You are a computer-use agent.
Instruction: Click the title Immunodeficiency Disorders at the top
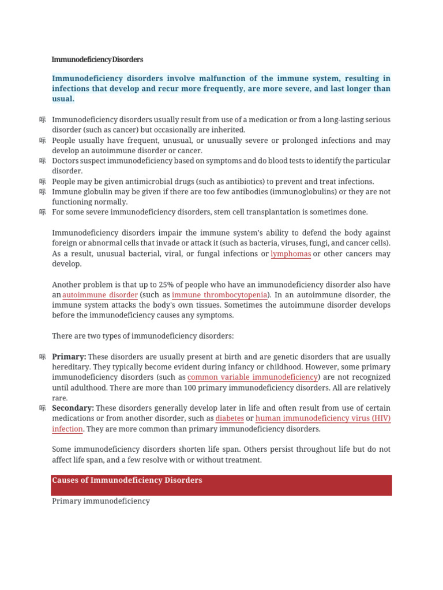click(97, 59)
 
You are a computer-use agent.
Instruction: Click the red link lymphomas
click(291, 254)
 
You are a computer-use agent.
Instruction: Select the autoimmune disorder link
click(100, 295)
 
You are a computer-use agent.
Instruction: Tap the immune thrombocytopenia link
click(220, 295)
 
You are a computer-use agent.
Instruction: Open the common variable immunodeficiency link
click(253, 377)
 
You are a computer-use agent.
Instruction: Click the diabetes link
click(230, 419)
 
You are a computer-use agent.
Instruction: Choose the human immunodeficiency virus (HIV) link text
click(323, 419)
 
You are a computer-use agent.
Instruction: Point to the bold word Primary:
click(69, 357)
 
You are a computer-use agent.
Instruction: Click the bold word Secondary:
click(73, 409)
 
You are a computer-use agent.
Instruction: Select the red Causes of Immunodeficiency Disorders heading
click(127, 481)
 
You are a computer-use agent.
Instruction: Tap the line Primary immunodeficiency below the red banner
click(101, 501)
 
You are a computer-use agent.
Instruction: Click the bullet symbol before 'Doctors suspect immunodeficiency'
click(43, 161)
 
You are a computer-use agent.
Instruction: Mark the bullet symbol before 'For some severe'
click(43, 212)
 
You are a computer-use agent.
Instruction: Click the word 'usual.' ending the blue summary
click(63, 99)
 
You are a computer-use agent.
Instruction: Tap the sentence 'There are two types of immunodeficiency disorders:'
click(143, 336)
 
